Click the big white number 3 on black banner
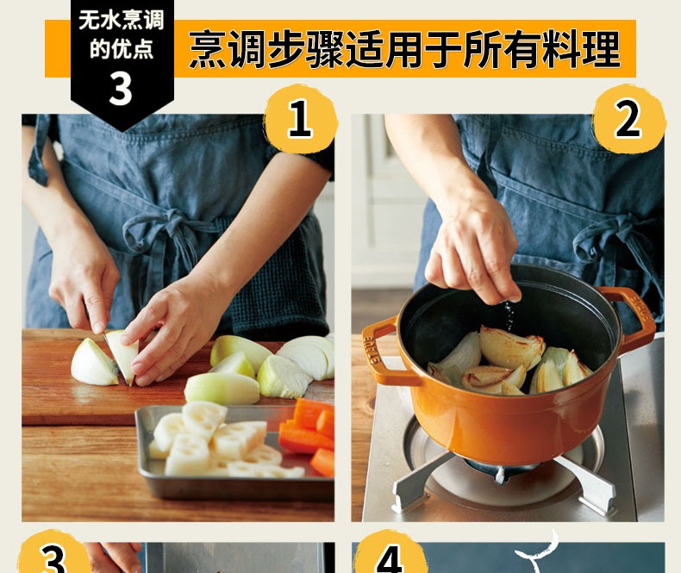pos(121,88)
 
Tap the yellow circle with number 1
pos(301,118)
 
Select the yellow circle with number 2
pos(629,118)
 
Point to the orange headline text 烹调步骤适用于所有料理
pos(404,48)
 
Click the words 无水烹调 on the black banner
pos(122,21)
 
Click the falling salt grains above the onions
pos(509,315)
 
